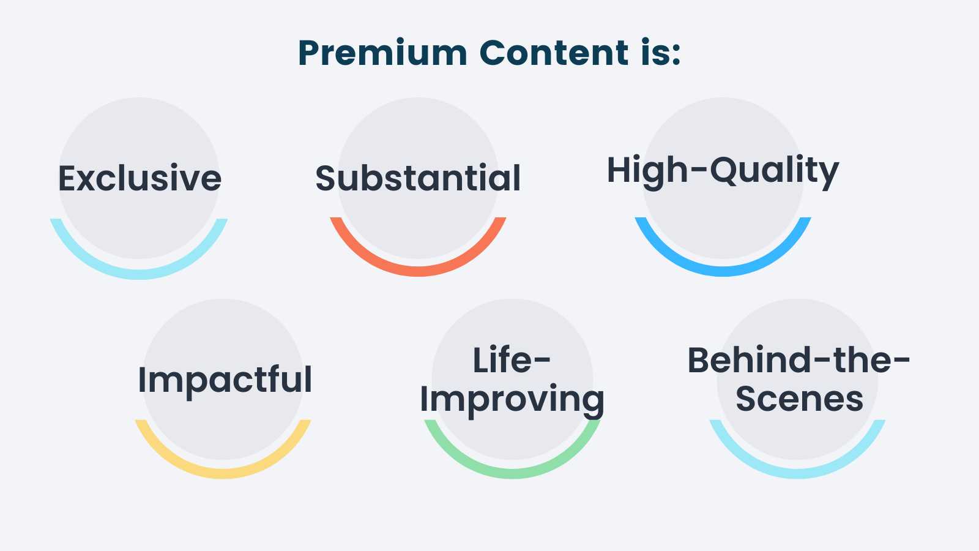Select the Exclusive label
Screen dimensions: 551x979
point(140,178)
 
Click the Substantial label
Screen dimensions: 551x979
point(418,178)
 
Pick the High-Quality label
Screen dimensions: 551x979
point(723,170)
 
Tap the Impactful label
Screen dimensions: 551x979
point(225,380)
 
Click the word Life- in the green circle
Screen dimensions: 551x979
point(512,360)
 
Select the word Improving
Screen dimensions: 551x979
point(512,399)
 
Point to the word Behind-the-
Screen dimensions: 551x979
point(798,360)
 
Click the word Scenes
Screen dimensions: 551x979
point(799,399)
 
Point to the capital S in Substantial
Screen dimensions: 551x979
point(327,178)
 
